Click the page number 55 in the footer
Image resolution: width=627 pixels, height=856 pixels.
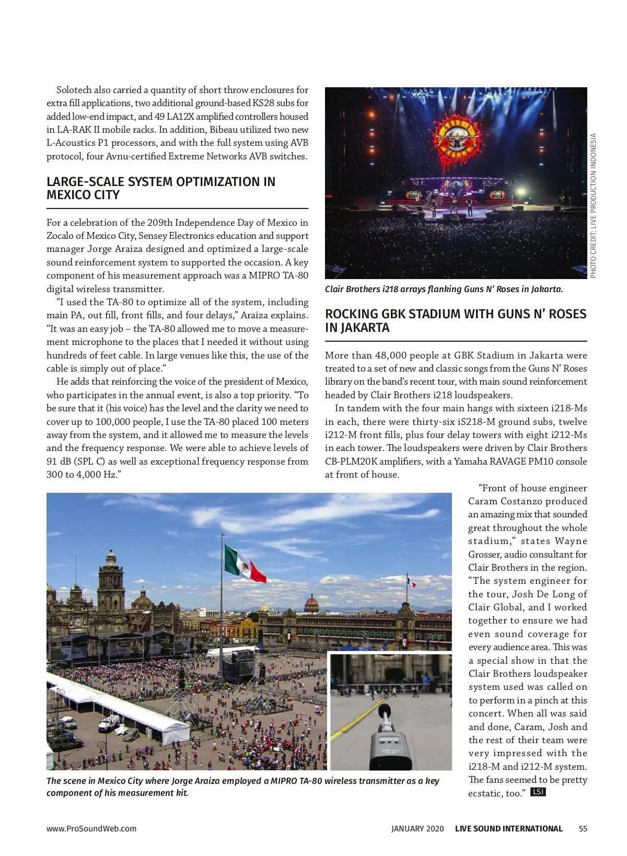[583, 828]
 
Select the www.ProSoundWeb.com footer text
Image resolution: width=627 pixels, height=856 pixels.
[91, 828]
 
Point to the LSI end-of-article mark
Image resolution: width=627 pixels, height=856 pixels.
[538, 792]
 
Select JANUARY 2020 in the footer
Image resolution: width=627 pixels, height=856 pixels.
[417, 828]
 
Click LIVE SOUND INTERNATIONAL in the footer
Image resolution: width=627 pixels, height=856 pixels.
[508, 828]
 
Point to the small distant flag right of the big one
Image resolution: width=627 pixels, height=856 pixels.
[412, 582]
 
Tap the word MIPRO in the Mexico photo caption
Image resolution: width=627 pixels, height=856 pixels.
[285, 781]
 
